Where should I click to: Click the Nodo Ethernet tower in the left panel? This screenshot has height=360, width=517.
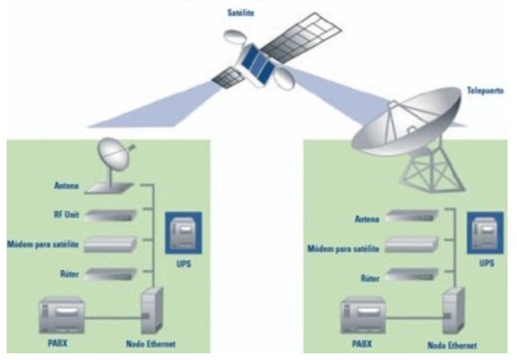[154, 310]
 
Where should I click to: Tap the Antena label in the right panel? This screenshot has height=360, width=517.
[367, 220]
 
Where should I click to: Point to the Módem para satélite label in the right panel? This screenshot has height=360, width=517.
[343, 246]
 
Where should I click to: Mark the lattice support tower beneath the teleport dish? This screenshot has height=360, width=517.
[425, 177]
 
